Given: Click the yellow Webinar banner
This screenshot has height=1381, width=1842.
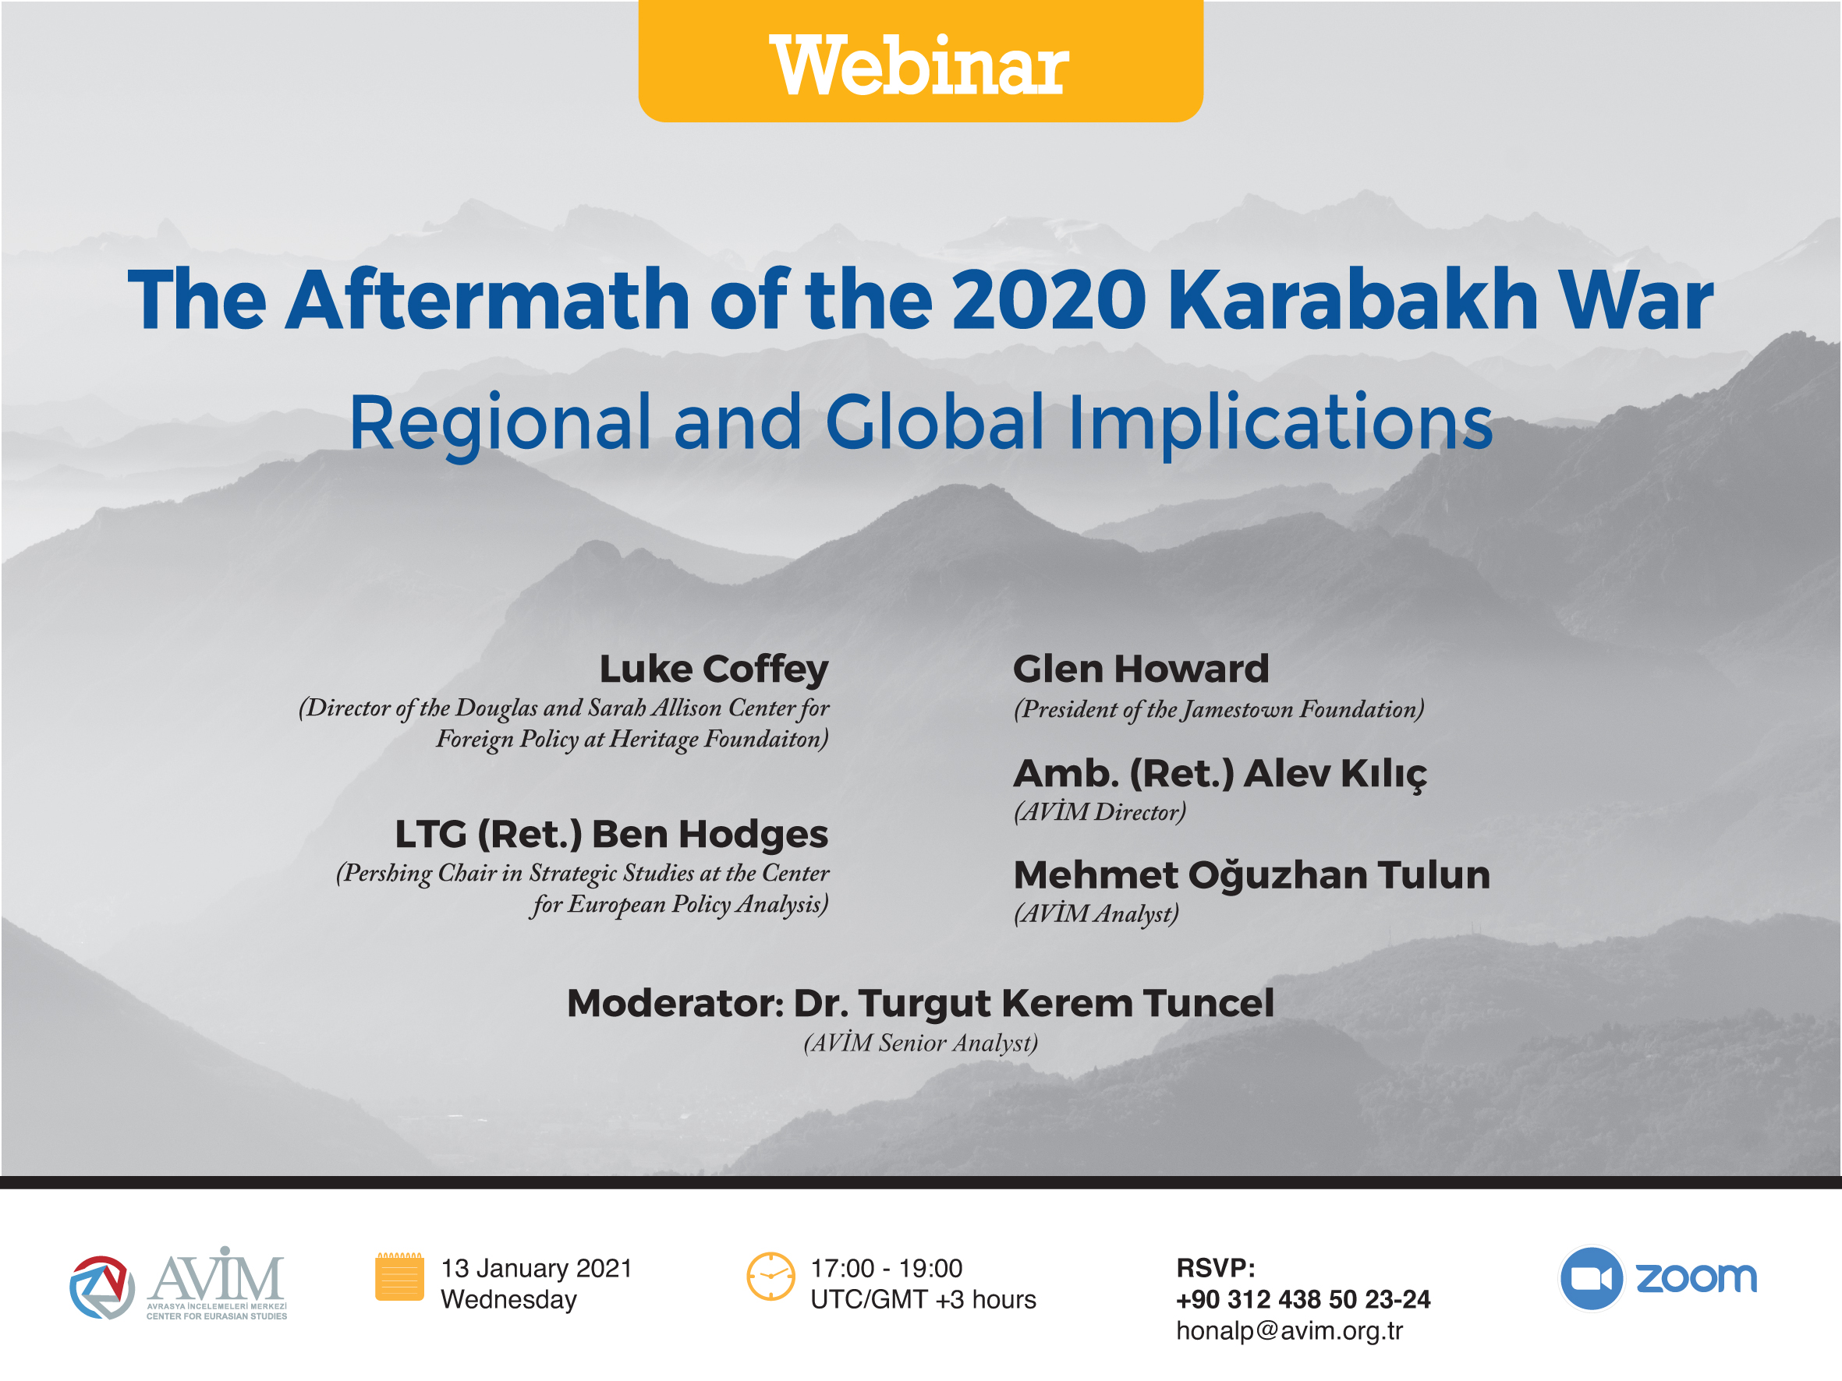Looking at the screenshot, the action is point(920,61).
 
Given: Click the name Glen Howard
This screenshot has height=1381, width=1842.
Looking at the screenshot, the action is point(1141,669).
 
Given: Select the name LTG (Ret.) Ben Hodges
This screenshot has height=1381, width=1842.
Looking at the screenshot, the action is point(611,835).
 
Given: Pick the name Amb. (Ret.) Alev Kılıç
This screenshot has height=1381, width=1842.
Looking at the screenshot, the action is point(1220,774).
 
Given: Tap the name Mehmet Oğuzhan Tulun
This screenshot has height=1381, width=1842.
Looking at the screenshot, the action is point(1252,875).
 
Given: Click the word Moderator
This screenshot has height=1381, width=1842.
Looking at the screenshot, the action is point(675,1003).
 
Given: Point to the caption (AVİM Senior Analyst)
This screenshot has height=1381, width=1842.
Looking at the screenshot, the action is point(920,1043).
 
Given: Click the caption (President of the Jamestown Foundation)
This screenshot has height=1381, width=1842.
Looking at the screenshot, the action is point(1218,709).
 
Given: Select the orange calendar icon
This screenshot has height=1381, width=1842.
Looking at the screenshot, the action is point(400,1276).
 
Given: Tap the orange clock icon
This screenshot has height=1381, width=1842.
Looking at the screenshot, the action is point(770,1276).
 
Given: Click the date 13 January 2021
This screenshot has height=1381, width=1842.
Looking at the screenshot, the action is point(537,1269).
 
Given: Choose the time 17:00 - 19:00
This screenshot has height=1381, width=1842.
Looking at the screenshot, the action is point(886,1269).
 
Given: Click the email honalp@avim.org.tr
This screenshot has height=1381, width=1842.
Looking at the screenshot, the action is point(1289,1331).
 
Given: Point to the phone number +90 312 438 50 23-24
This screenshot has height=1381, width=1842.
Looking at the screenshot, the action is point(1303,1299).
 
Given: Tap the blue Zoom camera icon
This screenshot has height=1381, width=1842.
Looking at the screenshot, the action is point(1592,1279).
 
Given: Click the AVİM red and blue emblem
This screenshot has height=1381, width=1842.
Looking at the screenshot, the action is point(101,1287).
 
